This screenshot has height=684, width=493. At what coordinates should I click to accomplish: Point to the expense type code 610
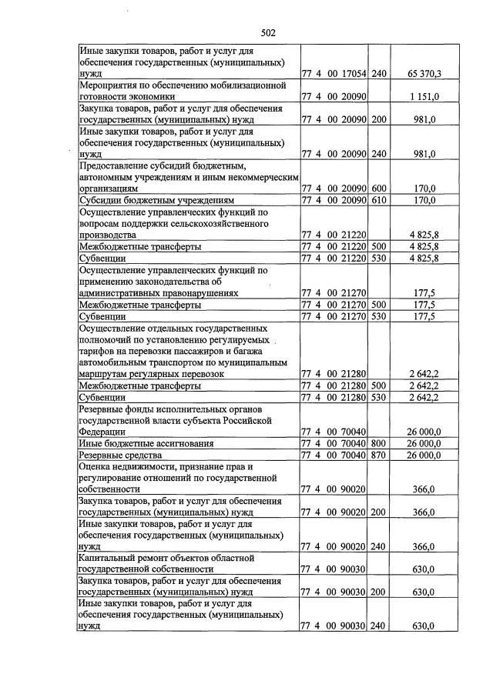pyautogui.click(x=378, y=199)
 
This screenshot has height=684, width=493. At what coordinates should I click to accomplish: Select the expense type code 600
pyautogui.click(x=378, y=188)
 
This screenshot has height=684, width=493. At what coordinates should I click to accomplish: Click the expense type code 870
pyautogui.click(x=378, y=455)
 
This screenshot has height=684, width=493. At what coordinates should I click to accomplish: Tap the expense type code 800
pyautogui.click(x=378, y=443)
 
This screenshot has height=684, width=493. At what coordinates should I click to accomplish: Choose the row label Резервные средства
pyautogui.click(x=118, y=455)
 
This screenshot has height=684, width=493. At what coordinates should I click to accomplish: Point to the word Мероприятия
pyautogui.click(x=111, y=85)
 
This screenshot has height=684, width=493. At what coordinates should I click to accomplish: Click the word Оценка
pyautogui.click(x=98, y=466)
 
